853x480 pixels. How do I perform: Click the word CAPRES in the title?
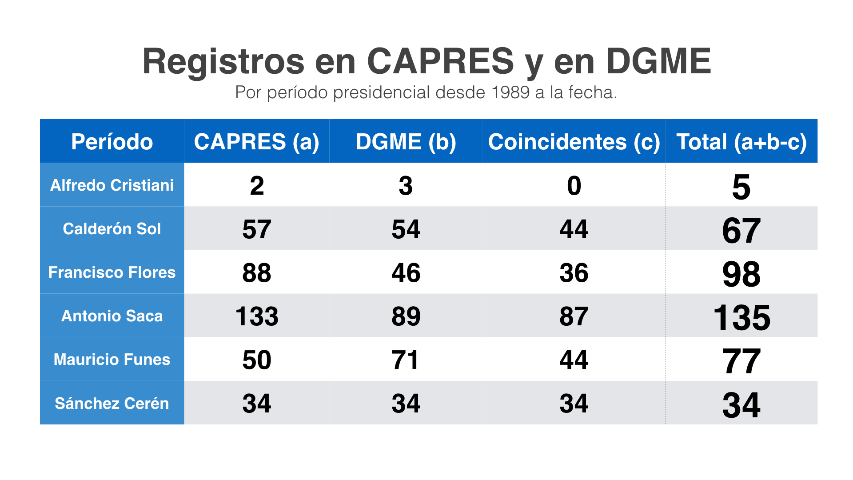tap(440, 61)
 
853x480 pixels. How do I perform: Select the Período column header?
tap(112, 142)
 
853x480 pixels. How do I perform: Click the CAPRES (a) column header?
tap(257, 142)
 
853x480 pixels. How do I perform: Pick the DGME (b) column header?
tap(406, 142)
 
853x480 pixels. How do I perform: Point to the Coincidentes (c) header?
tap(574, 142)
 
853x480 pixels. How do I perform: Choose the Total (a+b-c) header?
tap(741, 142)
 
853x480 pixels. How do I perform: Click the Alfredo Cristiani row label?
tap(112, 185)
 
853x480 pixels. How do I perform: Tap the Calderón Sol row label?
tap(112, 228)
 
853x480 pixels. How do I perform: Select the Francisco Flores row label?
tap(112, 272)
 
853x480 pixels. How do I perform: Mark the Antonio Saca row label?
tap(112, 316)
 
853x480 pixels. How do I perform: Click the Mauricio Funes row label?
tap(112, 359)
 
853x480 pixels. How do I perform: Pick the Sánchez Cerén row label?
tap(112, 403)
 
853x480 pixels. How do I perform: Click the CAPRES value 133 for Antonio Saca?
tap(257, 316)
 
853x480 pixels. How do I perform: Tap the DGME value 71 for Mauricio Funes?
tap(405, 360)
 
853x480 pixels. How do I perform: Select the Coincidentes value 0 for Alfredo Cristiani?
tap(574, 186)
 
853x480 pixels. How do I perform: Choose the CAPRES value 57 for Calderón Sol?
tap(257, 229)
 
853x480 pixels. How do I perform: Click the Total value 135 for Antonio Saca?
tap(741, 317)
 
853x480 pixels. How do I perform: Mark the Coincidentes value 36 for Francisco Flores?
tap(574, 273)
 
